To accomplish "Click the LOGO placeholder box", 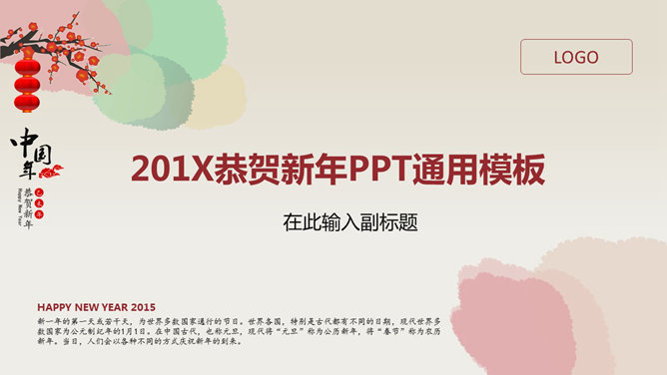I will (x=576, y=57).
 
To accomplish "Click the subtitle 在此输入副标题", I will (x=348, y=222).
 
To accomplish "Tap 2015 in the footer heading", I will (x=144, y=306).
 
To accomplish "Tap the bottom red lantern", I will (x=28, y=102).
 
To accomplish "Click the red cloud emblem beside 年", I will (x=51, y=171).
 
